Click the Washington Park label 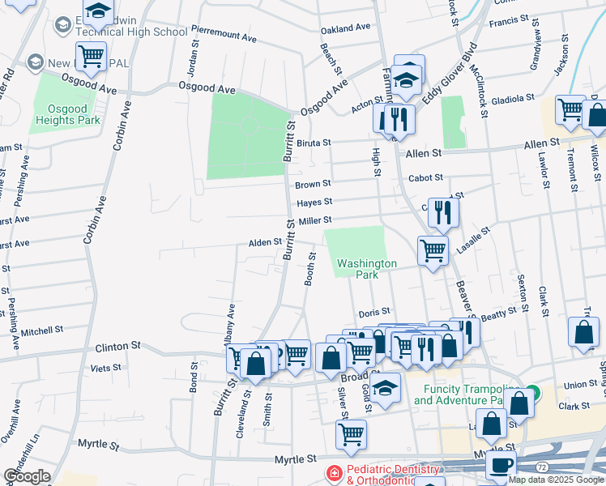tap(367, 269)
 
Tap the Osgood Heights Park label tap(68, 114)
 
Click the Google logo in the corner tap(27, 476)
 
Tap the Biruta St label tap(314, 143)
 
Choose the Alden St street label tap(265, 242)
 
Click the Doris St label tap(374, 312)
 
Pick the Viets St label tap(105, 367)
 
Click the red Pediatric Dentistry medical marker tap(332, 471)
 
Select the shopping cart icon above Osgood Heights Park tap(91, 57)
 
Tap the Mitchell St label tap(42, 330)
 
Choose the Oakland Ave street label tap(345, 28)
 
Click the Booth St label tap(310, 269)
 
